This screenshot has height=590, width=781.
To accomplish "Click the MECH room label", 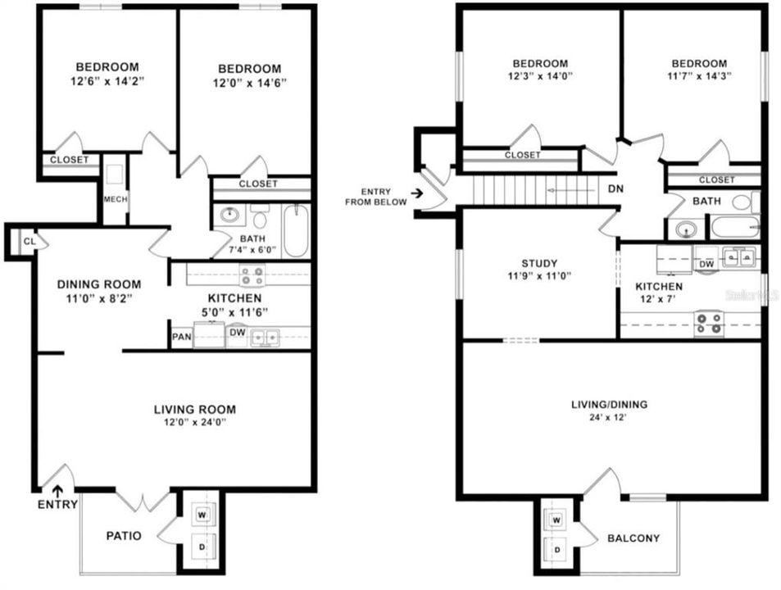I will click(115, 199).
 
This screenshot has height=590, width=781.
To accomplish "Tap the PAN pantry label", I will click(181, 336).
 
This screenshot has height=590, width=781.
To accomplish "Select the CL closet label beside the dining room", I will click(29, 241).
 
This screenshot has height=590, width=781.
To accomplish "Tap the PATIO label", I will click(124, 536).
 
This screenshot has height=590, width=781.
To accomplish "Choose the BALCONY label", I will click(633, 538).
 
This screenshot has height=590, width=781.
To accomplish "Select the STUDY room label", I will click(539, 263).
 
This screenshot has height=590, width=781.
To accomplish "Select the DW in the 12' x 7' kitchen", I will click(705, 264).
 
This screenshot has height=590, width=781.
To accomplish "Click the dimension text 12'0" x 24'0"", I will click(195, 423).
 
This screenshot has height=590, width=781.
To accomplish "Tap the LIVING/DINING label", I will click(609, 404).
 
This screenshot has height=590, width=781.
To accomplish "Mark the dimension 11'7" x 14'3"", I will click(698, 75).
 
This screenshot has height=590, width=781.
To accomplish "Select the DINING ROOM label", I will click(99, 284).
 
